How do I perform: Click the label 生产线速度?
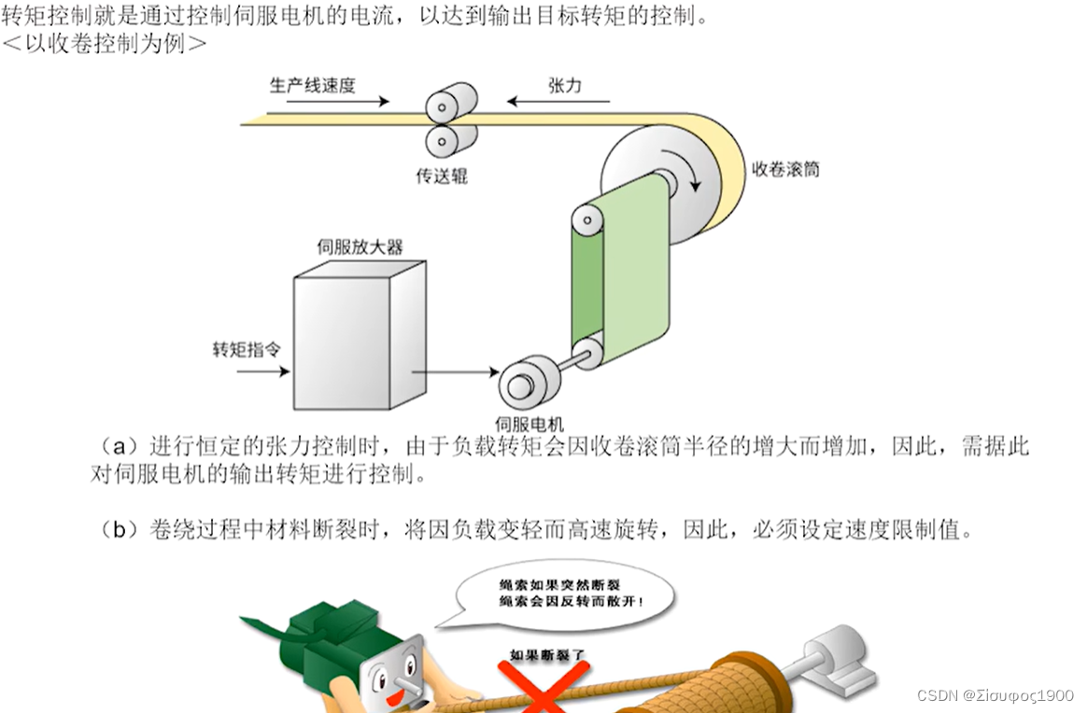click(312, 85)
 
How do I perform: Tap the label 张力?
click(564, 85)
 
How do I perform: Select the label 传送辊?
click(441, 175)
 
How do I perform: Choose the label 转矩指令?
click(247, 349)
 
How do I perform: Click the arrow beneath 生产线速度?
click(337, 101)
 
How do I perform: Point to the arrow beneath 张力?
click(558, 101)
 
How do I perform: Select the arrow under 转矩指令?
click(262, 371)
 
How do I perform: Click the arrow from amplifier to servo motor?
click(456, 372)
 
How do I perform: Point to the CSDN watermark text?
click(995, 695)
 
